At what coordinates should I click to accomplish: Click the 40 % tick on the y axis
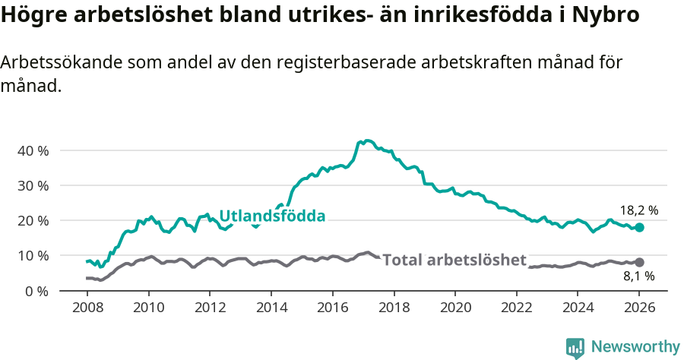(33, 150)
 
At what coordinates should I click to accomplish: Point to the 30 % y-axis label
(33, 185)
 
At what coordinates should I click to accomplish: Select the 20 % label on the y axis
(33, 220)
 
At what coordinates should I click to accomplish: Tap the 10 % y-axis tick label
(33, 255)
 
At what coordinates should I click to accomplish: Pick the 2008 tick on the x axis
(87, 308)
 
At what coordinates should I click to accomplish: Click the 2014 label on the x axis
(271, 308)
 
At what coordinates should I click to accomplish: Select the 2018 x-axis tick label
(394, 308)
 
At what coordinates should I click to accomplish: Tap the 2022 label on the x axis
(516, 308)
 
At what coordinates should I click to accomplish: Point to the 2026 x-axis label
(639, 308)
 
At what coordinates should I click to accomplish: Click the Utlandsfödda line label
(272, 216)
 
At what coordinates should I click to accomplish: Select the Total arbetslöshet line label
(454, 261)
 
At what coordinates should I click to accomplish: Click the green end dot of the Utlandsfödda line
(639, 227)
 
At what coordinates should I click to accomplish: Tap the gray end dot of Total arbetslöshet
(639, 262)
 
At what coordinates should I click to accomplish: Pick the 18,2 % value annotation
(638, 210)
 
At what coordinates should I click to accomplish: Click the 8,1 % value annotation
(638, 277)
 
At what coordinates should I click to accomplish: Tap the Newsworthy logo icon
(575, 347)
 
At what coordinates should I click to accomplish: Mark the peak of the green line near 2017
(367, 141)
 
